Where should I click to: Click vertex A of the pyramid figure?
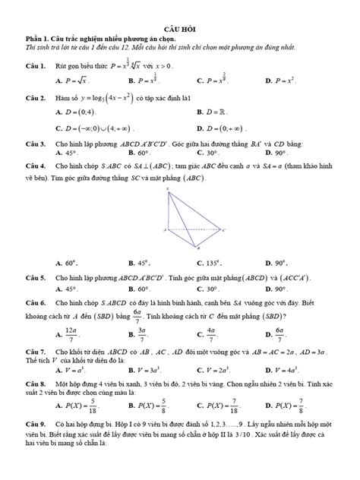169,229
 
